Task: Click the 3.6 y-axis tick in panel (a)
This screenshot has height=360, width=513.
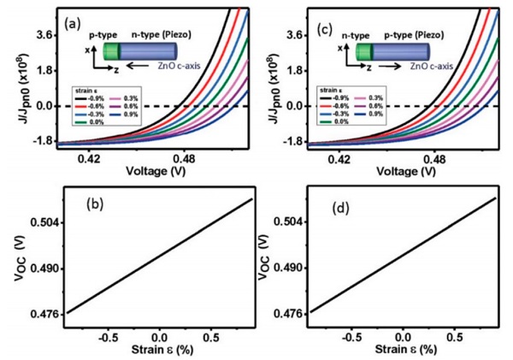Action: coord(44,34)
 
